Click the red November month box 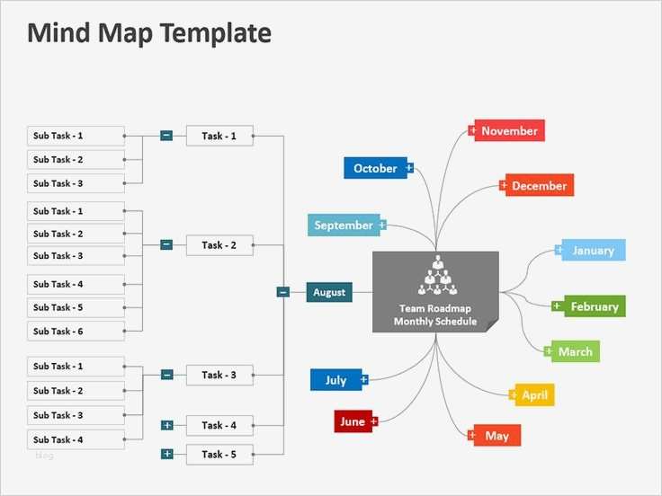tap(508, 131)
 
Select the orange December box tap(538, 186)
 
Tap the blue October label tap(375, 168)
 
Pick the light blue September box tap(344, 226)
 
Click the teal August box tap(329, 292)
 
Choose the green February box tap(594, 306)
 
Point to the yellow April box tap(534, 394)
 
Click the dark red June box tap(353, 421)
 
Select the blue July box tap(335, 380)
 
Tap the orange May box tap(497, 436)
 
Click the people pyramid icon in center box tap(436, 275)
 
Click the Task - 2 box tap(219, 244)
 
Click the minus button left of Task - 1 tap(166, 136)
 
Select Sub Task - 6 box tap(76, 331)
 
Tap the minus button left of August tap(282, 292)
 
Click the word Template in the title tap(217, 34)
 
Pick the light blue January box tap(593, 251)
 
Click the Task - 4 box tap(219, 426)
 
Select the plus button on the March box tap(549, 351)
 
